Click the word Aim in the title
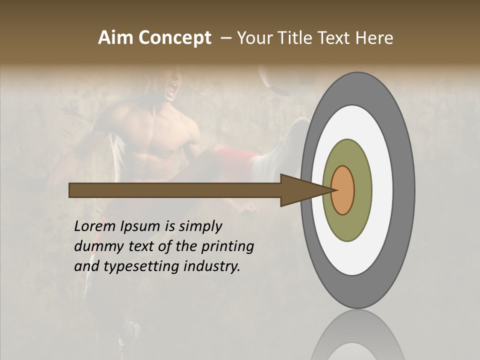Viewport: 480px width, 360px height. click(114, 38)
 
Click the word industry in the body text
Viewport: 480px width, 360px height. click(212, 266)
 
